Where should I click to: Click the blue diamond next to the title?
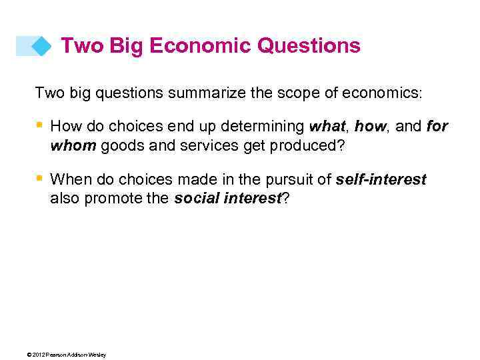coord(41,46)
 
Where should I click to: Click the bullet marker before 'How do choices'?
coord(39,125)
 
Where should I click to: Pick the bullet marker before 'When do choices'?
coord(39,178)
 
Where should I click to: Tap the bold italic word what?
coord(328,125)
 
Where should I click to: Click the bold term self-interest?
coord(381,179)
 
